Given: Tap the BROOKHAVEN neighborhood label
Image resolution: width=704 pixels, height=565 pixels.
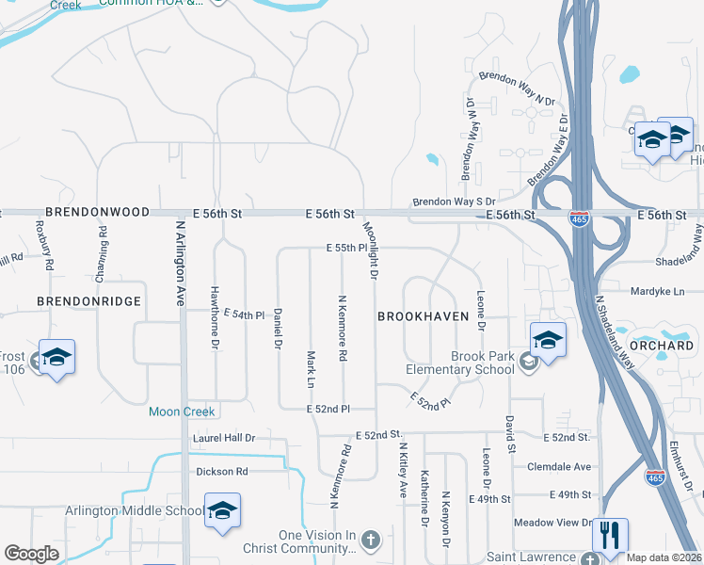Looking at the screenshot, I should (x=423, y=317).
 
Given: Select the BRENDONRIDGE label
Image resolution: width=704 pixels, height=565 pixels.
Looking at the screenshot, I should (x=88, y=301).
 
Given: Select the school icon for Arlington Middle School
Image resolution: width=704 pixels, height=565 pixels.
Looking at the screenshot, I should (x=222, y=511).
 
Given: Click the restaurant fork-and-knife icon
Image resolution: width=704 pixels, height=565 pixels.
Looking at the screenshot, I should (x=610, y=536).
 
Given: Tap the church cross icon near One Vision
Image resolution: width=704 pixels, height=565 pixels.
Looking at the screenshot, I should (x=371, y=541).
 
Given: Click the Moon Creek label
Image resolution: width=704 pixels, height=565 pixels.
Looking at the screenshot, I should (x=182, y=412).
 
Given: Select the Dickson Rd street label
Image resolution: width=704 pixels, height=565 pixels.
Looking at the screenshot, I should (x=221, y=471).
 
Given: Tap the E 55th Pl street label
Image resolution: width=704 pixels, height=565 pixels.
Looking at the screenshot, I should (x=346, y=248).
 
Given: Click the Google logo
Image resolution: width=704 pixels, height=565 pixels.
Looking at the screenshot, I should (x=32, y=554).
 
